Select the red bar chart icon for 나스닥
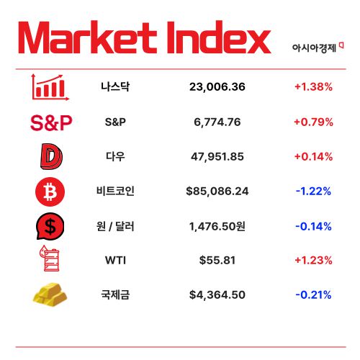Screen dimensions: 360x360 pos(50,87)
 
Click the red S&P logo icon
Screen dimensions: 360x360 pos(51,122)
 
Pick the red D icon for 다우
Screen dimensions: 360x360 pos(50,156)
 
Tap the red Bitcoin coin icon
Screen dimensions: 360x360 pos(50,191)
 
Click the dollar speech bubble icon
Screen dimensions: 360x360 pos(50,226)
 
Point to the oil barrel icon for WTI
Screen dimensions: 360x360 pos(50,260)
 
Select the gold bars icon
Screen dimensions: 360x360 pos(50,294)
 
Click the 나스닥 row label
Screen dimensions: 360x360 pos(115,87)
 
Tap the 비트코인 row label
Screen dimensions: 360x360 pos(115,191)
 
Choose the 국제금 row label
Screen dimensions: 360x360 pos(115,294)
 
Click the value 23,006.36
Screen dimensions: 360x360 pos(217,87)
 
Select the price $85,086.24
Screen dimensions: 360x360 pos(217,191)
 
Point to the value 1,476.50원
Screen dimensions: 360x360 pos(217,226)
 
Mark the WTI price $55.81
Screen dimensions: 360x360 pos(217,260)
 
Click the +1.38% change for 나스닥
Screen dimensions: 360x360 pos(313,87)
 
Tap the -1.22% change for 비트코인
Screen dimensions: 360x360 pos(313,191)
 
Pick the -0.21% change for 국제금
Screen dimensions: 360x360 pos(313,294)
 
